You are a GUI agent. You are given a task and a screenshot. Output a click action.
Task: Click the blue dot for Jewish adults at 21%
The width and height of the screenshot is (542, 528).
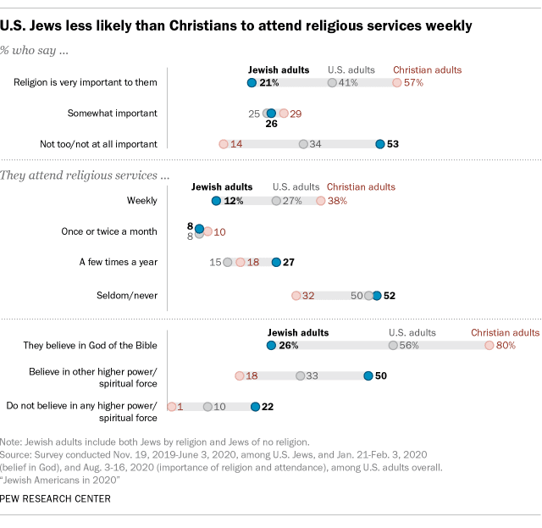coord(252,83)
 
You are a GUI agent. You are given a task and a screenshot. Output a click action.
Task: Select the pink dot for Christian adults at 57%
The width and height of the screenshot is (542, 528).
coord(396,83)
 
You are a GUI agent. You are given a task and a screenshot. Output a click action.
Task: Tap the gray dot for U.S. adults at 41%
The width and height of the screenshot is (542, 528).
coord(332,83)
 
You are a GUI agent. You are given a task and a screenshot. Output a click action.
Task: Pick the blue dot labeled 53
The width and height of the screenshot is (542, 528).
coord(380,144)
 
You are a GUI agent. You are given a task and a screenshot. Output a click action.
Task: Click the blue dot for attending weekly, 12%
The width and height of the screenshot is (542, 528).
coord(216,201)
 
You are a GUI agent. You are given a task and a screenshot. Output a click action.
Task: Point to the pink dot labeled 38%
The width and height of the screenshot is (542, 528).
coord(320,201)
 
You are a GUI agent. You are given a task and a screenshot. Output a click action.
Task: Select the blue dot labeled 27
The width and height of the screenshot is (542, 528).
coord(275,263)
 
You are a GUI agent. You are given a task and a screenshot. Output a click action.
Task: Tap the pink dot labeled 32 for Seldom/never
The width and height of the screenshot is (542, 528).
coord(296,296)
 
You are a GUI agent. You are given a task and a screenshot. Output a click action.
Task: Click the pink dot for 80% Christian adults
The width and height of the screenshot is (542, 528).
coord(489,346)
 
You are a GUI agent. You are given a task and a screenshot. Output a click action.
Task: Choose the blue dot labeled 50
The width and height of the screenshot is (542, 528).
coord(368,375)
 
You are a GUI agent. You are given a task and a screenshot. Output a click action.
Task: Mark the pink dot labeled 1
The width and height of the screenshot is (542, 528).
coord(171,407)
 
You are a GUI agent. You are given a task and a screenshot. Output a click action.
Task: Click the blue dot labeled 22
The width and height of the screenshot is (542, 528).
coord(255,407)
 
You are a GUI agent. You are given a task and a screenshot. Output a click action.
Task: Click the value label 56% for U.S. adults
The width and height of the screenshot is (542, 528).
coord(411,346)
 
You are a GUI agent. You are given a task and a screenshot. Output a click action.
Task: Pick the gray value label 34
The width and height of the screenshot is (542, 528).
coord(315,144)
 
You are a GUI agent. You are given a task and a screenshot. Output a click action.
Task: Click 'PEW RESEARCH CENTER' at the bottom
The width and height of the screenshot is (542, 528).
coord(56,498)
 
